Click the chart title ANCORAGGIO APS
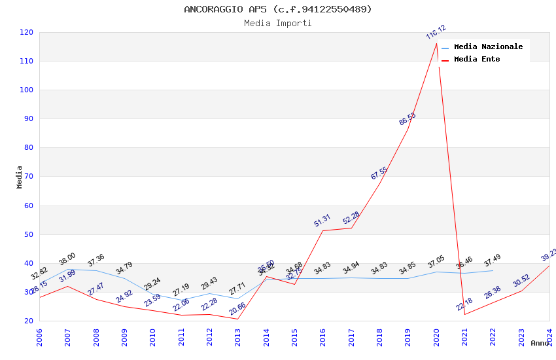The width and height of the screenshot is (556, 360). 277,9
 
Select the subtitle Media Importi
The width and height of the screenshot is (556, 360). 277,24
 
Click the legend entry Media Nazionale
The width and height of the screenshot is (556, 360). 488,46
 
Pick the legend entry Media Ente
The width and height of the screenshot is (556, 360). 477,59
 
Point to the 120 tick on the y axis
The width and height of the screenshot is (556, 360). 27,32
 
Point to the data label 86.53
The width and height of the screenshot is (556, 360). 408,119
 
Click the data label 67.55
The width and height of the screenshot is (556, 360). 379,173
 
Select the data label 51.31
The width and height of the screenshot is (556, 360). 322,221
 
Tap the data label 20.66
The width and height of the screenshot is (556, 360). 237,309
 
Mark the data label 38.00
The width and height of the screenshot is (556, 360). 67,259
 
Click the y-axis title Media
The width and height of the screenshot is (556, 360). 20,177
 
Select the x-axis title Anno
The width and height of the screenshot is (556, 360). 540,343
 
